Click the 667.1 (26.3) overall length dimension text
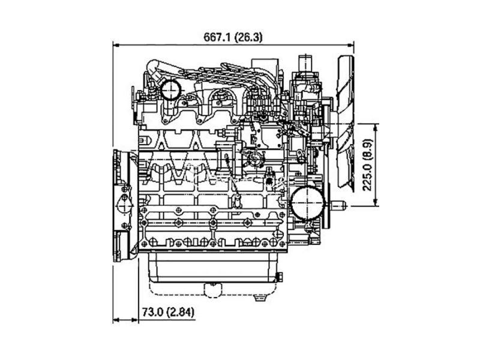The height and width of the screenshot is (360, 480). click(x=233, y=37)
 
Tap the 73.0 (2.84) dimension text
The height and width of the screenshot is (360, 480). click(x=168, y=312)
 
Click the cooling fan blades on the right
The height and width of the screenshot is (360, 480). click(x=346, y=122)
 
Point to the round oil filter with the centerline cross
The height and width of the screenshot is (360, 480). click(x=307, y=203)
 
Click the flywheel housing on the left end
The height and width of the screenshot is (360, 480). click(x=122, y=206)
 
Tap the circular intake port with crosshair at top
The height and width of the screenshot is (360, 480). click(x=170, y=89)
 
